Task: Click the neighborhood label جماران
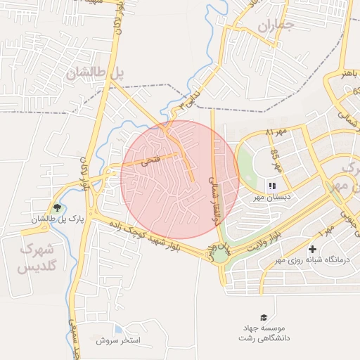pos(274,27)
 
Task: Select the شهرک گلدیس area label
pos(41,257)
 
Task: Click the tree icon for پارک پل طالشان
pos(57,207)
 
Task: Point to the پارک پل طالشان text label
pos(57,219)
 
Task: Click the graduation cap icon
pos(264,318)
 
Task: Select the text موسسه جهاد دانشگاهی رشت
pos(263,333)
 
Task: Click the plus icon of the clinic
pos(312,249)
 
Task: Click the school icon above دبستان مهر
pos(271,186)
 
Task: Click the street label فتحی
pos(150,161)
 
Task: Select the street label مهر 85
pos(276,160)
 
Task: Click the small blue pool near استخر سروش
pos(118,329)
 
